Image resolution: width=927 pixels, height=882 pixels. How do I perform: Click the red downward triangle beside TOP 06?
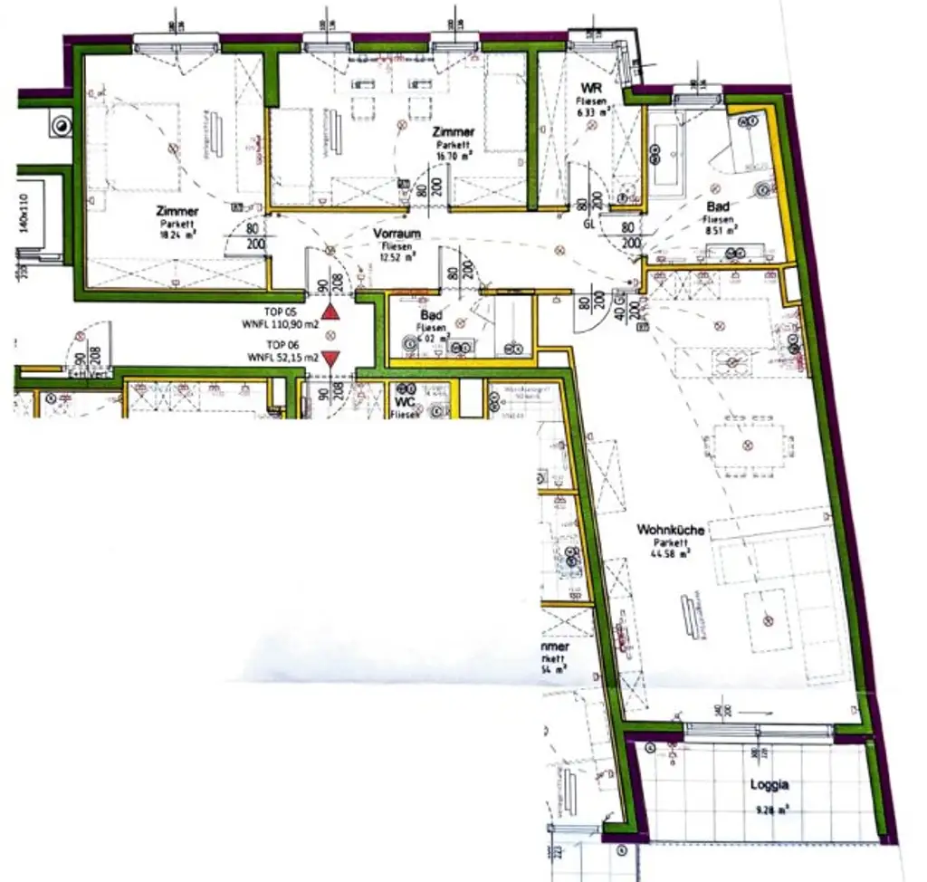click(x=331, y=359)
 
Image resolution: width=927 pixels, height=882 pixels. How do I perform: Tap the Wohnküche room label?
click(x=670, y=530)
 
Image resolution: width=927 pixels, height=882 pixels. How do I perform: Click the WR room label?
click(x=592, y=88)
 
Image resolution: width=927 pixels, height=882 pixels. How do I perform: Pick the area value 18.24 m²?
click(x=177, y=235)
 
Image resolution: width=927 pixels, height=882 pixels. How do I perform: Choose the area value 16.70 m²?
click(x=454, y=156)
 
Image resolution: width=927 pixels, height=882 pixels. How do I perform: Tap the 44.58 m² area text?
click(x=671, y=553)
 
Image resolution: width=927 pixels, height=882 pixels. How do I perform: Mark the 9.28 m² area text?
click(x=768, y=810)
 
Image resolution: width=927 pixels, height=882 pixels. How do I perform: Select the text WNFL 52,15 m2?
click(x=282, y=359)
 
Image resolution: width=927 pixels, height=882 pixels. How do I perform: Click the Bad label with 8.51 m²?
click(x=719, y=207)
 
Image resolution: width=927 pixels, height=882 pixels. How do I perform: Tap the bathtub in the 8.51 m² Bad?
click(x=671, y=154)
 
